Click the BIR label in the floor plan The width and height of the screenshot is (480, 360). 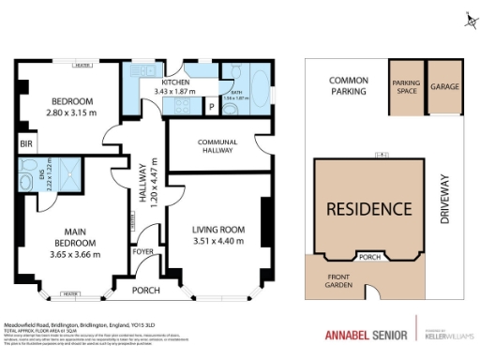pos(23,144)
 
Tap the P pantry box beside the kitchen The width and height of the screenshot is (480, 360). pos(212,107)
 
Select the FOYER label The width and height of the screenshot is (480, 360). pos(142,251)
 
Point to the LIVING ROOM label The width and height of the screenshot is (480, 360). pos(218,230)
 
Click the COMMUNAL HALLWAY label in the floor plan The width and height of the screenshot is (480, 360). pos(213,145)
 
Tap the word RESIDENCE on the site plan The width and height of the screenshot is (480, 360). pos(368,208)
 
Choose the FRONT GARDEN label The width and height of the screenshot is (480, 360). pos(338,281)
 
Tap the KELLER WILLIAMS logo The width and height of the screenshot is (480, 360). pos(447,335)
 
